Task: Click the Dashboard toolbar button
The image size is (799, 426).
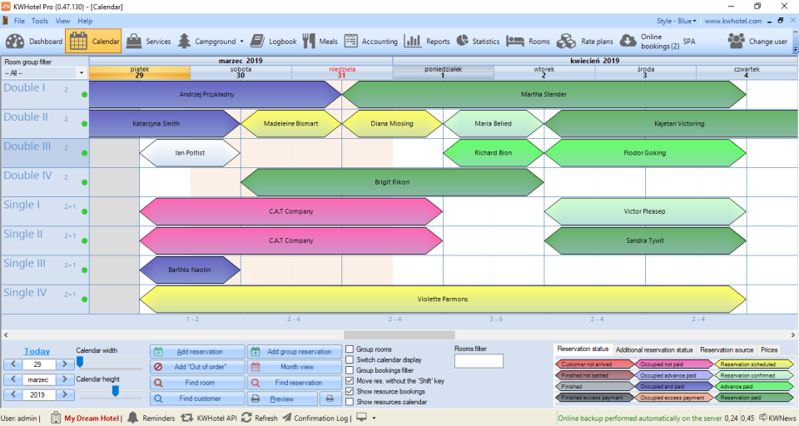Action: tap(34, 41)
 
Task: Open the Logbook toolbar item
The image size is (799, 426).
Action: tap(273, 41)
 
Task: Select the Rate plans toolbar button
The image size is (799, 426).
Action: tap(585, 41)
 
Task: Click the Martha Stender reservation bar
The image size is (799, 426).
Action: tap(543, 94)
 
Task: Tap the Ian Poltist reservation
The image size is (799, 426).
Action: tap(190, 153)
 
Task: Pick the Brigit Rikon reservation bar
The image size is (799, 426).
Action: tap(391, 182)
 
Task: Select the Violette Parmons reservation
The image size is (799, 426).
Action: tap(442, 299)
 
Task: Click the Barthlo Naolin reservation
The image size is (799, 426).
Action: tap(189, 270)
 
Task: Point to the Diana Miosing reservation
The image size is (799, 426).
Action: tap(391, 124)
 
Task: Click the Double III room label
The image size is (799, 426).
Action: tap(27, 147)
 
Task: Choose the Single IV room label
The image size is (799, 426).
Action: tap(25, 293)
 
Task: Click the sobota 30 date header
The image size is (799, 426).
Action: tap(241, 72)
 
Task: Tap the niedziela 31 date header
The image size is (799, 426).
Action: tap(341, 72)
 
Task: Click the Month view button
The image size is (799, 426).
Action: tap(295, 367)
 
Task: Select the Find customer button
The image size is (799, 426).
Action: tap(198, 399)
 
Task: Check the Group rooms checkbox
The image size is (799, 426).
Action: tap(350, 349)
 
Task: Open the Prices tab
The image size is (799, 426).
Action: tap(769, 349)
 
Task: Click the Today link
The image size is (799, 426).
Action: tap(36, 351)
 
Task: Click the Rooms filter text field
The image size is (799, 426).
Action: tap(479, 361)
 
